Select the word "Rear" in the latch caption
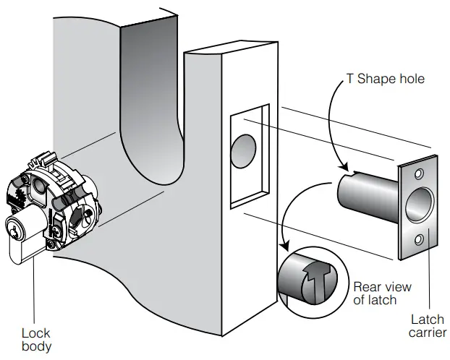[x=368, y=286]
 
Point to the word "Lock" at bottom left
[x=35, y=333]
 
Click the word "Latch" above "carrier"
[x=428, y=319]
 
